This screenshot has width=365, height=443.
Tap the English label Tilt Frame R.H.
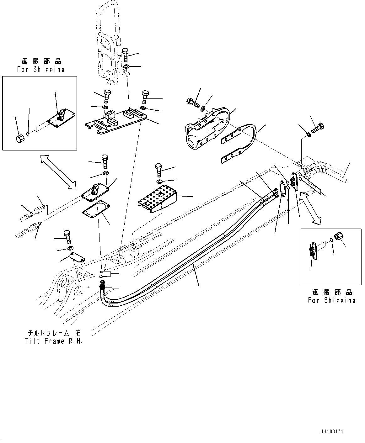pyautogui.click(x=53, y=341)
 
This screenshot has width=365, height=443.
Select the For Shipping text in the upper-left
pyautogui.click(x=41, y=70)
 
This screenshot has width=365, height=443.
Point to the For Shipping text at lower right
pyautogui.click(x=331, y=300)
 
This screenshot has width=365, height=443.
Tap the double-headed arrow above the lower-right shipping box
pyautogui.click(x=310, y=208)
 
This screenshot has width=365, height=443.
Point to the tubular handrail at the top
pyautogui.click(x=108, y=41)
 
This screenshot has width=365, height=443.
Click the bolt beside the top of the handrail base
pyautogui.click(x=125, y=55)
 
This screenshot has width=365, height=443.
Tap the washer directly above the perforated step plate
pyautogui.click(x=159, y=182)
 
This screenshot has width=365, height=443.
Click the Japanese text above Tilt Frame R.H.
pyautogui.click(x=53, y=333)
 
